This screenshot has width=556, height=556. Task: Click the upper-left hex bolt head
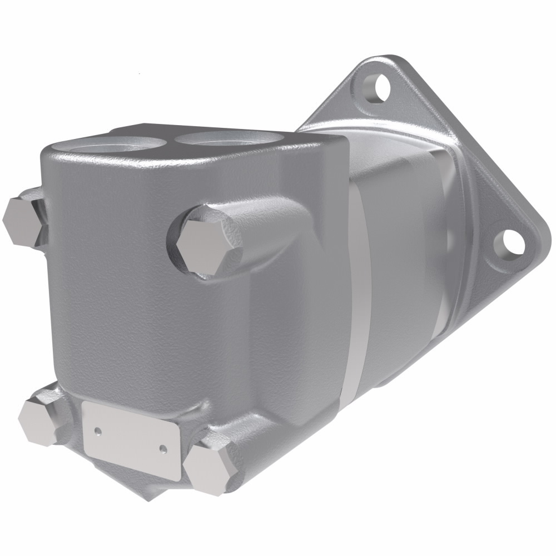coord(22,220)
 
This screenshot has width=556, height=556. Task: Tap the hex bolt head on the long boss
coord(207,242)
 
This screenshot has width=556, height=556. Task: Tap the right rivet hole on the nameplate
coord(162,448)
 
